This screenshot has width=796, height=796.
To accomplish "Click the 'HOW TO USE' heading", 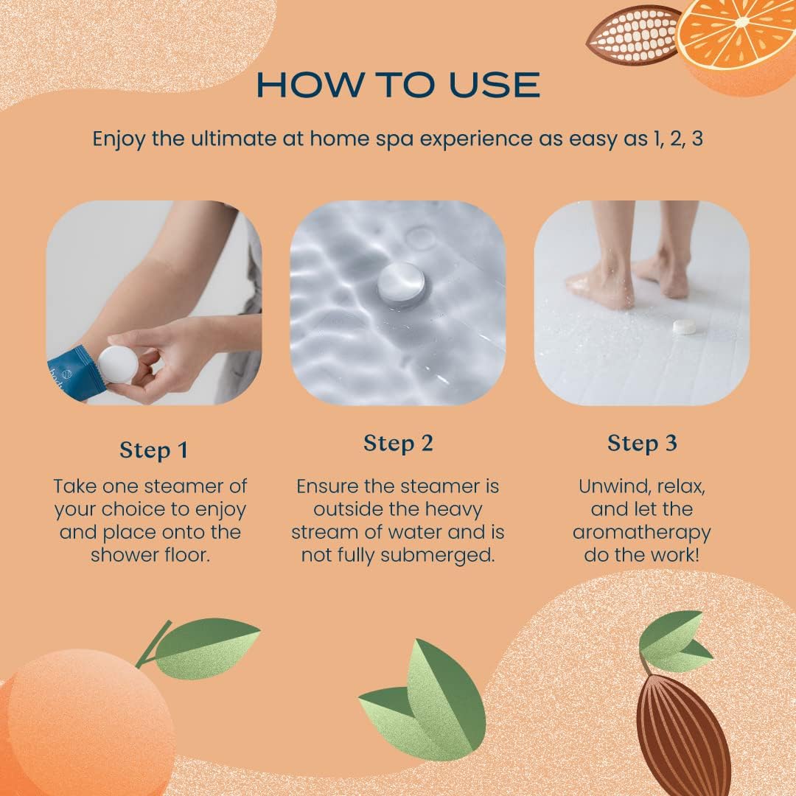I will pos(398,85).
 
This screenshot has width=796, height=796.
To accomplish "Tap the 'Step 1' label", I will pos(153,450).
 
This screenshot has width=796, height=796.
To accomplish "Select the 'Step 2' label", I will pos(398,443).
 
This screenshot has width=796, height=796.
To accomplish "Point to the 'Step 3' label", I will pos(642,443).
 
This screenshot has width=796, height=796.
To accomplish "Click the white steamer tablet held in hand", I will pos(119,364).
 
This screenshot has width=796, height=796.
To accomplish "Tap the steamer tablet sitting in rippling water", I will pos(401,284).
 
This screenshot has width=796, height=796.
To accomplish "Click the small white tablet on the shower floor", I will pos(685,327).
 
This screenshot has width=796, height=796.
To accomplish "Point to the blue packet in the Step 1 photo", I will pos(71,372).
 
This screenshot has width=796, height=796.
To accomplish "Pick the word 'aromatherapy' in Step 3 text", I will pos(642,531).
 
